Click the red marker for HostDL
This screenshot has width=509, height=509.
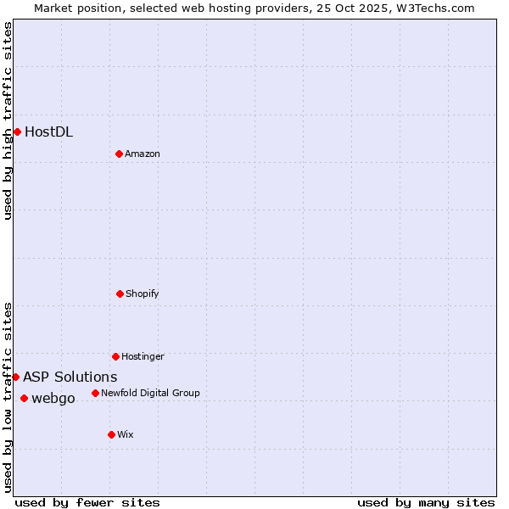point(17,131)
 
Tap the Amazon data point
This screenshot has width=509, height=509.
point(119,154)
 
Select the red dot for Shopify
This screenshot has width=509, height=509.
point(120,294)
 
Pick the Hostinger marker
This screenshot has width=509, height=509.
point(115,356)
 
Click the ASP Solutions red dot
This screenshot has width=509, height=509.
point(15,377)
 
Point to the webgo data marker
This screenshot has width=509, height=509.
point(24,398)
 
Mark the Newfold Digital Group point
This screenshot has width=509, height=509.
point(95,393)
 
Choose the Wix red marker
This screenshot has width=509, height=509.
point(111,434)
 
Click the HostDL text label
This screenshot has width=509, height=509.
point(48,131)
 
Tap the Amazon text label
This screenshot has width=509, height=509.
point(143,154)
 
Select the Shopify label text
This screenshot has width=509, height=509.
point(143,294)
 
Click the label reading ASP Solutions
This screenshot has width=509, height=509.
point(70,377)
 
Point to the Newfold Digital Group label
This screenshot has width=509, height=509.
point(150,393)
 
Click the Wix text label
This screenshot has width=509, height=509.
point(126,434)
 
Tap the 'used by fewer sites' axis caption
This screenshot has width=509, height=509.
point(87,502)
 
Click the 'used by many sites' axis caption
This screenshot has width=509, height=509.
point(426,502)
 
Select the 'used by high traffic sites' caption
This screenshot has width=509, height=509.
point(8,120)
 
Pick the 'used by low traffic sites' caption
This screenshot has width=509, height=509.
point(8,397)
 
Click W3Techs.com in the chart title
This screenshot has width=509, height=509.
point(433,8)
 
